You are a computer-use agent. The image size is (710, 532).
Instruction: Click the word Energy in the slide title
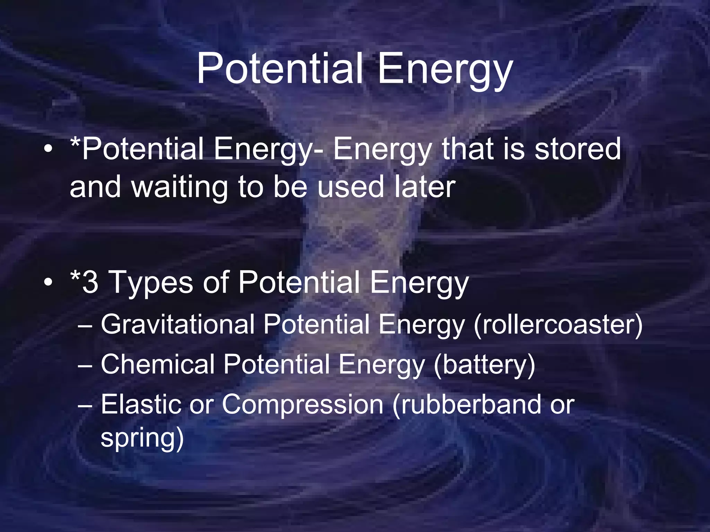pyautogui.click(x=444, y=71)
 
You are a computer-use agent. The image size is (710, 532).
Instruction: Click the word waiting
pyautogui.click(x=179, y=187)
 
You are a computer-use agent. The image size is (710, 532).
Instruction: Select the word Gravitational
pyautogui.click(x=177, y=325)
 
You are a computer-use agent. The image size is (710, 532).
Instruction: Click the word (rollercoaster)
pyautogui.click(x=558, y=325)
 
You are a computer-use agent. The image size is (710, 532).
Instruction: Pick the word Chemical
pyautogui.click(x=158, y=364)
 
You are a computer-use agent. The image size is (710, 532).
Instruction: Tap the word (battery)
pyautogui.click(x=484, y=366)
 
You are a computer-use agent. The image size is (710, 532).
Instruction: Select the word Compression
pyautogui.click(x=302, y=405)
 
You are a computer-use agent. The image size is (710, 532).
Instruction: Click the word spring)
pyautogui.click(x=142, y=438)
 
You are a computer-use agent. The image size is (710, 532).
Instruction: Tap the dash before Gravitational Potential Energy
pyautogui.click(x=85, y=326)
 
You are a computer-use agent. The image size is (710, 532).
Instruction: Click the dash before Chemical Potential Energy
pyautogui.click(x=85, y=365)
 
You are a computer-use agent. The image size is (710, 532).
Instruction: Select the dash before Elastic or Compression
pyautogui.click(x=85, y=405)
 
